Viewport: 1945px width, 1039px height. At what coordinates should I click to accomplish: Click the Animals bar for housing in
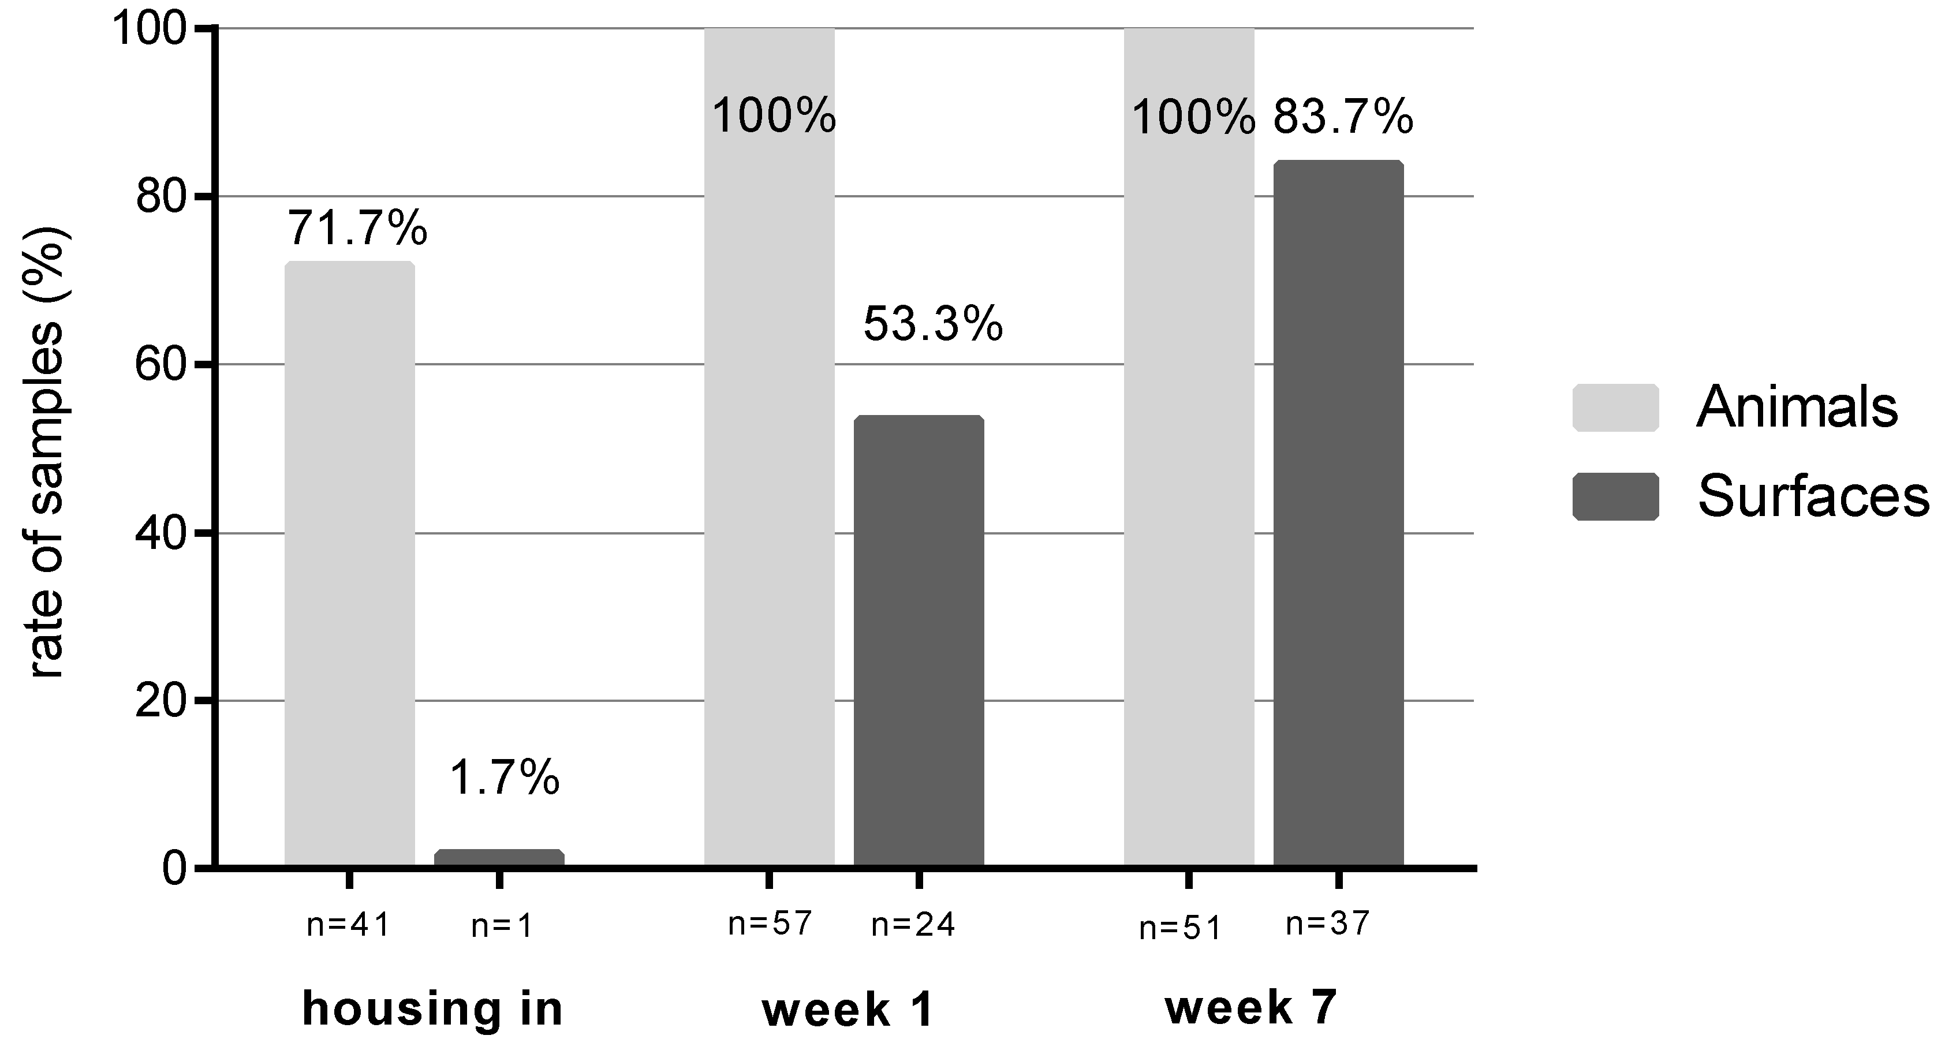coord(350,563)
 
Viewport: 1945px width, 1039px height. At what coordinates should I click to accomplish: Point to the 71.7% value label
coord(357,228)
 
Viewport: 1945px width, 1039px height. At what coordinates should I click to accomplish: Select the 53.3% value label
coord(933,324)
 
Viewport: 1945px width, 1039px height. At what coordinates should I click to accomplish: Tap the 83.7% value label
coord(1343,118)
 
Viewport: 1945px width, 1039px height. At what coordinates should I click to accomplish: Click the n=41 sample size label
coord(348,925)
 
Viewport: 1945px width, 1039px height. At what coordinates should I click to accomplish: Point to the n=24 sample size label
coord(913,925)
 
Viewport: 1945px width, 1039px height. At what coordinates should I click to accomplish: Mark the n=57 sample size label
coord(770,923)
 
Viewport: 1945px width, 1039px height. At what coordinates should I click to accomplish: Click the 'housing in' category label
coord(432,1010)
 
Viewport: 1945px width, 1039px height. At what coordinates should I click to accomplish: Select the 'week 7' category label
coord(1251,1008)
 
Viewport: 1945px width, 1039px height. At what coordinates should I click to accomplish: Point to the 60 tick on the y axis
coord(161,365)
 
